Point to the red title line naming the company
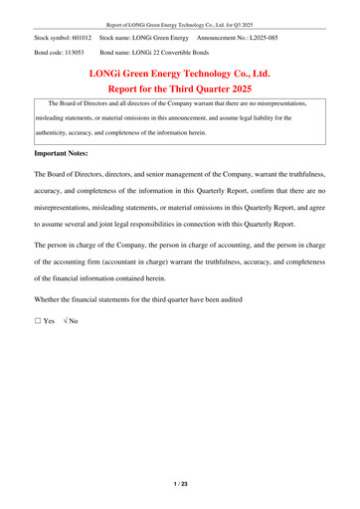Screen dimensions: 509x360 (x=180, y=74)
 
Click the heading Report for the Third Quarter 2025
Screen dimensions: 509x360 (x=180, y=89)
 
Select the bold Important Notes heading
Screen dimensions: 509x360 (x=67, y=154)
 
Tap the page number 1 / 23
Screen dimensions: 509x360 (x=180, y=484)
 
